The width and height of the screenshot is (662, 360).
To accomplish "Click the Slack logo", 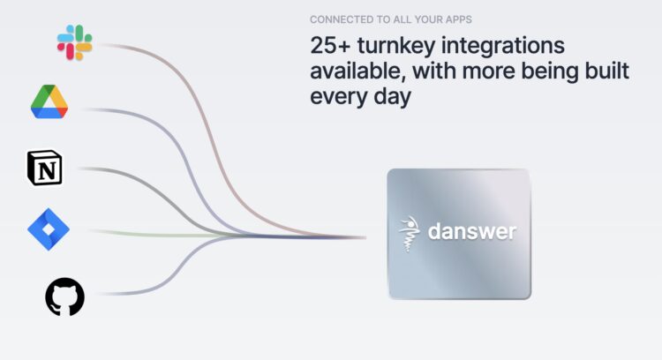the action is pos(75,42).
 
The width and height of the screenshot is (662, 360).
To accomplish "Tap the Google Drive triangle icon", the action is pos(49,101).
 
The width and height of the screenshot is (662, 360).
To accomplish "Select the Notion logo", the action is pos(45,168).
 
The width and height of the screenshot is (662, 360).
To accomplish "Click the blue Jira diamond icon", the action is pos(49,229).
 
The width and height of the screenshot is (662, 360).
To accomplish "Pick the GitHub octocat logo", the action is pos(64,296).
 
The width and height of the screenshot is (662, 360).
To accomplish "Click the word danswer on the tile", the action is pos(472,231).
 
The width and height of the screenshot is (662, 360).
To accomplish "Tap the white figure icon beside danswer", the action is pos(409,234).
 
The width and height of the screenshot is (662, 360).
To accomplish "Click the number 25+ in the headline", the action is pos(330,46).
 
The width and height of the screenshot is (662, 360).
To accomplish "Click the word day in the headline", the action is pos(393,97).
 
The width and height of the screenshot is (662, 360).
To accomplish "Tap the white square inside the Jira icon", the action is pos(49,229).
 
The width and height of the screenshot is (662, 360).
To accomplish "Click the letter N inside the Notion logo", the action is pos(47,170).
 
